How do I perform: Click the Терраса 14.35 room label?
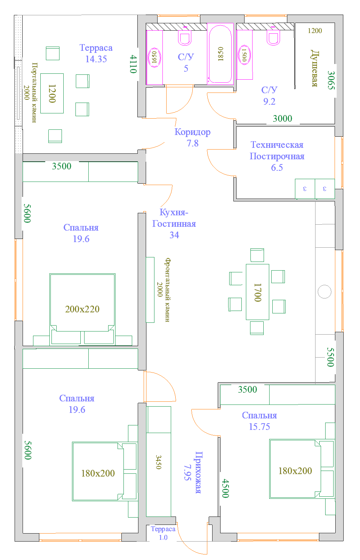(96, 53)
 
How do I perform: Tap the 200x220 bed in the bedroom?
(82, 310)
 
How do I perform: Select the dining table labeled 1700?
(257, 292)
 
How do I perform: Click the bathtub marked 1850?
(220, 54)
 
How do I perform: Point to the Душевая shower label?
(314, 68)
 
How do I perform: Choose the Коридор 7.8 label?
(192, 137)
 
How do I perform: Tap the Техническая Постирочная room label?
(277, 156)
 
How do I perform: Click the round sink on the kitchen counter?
(325, 291)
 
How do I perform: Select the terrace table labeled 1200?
(52, 93)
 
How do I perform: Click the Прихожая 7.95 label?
(193, 472)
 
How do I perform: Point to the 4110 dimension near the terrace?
(133, 64)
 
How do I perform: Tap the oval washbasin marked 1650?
(154, 57)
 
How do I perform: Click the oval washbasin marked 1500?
(244, 55)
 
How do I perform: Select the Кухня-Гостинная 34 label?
(174, 224)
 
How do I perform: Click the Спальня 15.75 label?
(259, 421)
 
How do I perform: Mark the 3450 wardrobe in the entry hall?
(159, 462)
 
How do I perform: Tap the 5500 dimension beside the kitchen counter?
(330, 357)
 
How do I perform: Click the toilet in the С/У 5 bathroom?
(185, 37)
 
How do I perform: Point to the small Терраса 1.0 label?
(163, 533)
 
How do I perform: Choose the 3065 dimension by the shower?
(331, 80)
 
